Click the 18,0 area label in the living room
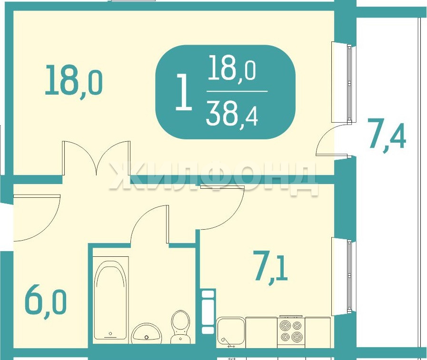[73, 80]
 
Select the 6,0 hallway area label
[46, 302]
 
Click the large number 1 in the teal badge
[184, 93]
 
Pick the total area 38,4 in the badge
[232, 116]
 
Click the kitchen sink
[231, 333]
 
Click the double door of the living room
[96, 158]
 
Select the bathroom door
[150, 224]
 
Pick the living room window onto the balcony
[344, 82]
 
